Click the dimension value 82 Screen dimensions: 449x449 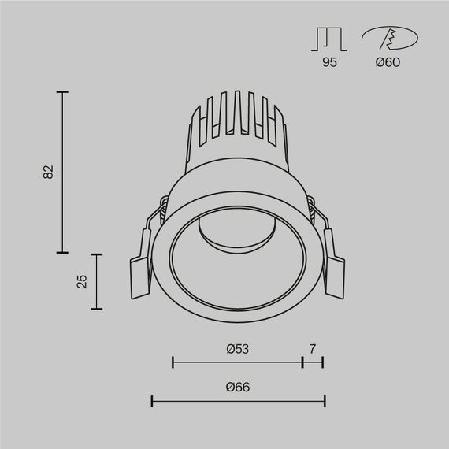[x=48, y=172]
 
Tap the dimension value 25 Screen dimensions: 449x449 [x=82, y=282]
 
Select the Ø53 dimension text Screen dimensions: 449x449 [x=237, y=348]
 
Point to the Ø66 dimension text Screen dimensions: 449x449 [x=237, y=388]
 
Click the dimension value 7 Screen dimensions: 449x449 [x=313, y=348]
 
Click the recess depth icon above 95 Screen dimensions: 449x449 [x=329, y=39]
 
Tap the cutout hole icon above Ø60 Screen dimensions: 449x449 [x=389, y=39]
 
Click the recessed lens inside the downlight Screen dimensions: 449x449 [x=236, y=233]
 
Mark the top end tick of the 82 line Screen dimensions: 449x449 [x=63, y=92]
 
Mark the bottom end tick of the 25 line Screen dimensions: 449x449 [x=96, y=309]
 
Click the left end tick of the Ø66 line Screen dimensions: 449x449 [x=152, y=402]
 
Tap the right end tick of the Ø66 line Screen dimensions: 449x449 [x=325, y=402]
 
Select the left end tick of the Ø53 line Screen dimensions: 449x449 [x=173, y=362]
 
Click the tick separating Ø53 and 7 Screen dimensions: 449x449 [x=302, y=362]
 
